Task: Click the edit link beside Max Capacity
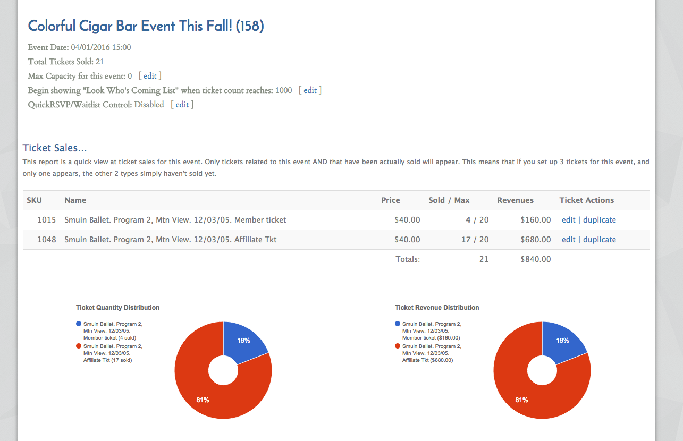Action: click(x=150, y=76)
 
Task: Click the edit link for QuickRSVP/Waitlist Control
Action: click(x=182, y=105)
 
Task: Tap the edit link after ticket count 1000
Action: click(x=310, y=90)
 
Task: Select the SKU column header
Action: click(x=34, y=200)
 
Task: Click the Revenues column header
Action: click(x=515, y=200)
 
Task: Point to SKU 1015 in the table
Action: click(x=47, y=220)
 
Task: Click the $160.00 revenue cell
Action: click(x=536, y=220)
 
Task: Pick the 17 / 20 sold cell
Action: click(x=475, y=240)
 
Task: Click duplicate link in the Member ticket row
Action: click(x=600, y=220)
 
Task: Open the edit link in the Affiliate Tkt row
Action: click(x=569, y=240)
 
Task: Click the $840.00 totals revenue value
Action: click(x=536, y=259)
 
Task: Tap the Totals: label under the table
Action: click(x=408, y=259)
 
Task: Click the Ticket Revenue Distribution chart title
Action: click(x=437, y=308)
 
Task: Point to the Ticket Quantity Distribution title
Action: click(x=117, y=308)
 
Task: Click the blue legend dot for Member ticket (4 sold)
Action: click(x=79, y=324)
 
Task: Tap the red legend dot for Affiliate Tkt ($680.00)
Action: click(x=397, y=346)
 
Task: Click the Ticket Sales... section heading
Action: click(x=55, y=148)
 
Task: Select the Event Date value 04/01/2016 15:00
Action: click(x=101, y=47)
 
